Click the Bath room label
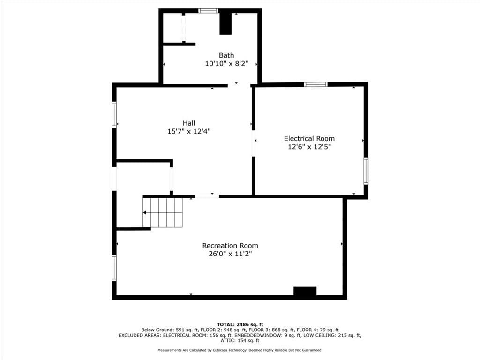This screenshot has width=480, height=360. pos(226,55)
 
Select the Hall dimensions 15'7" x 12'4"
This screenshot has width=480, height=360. pos(189,131)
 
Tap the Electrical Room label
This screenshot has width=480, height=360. pos(309,138)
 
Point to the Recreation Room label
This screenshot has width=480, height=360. pos(230,246)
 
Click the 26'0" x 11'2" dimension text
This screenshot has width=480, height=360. pos(230,254)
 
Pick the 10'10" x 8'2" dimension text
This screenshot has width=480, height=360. pos(226,64)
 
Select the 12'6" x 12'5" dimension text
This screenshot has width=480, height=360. pos(309,147)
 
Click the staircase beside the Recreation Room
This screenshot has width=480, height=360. pos(163,212)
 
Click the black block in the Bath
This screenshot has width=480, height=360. pos(225,23)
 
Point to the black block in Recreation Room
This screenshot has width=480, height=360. pos(305,291)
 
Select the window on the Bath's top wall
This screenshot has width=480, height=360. pos(208,11)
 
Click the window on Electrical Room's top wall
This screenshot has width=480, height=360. pos(315,84)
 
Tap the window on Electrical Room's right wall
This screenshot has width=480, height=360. pos(366,171)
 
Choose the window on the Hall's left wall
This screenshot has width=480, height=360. pos(114,114)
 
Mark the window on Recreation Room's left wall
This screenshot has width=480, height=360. pos(114,268)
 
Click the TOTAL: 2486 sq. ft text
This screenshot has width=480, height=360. pos(240,324)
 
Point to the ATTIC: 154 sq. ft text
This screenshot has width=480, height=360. pos(240,340)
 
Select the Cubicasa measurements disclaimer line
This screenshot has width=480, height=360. pos(240,350)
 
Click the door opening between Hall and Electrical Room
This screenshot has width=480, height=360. pos(254,143)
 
